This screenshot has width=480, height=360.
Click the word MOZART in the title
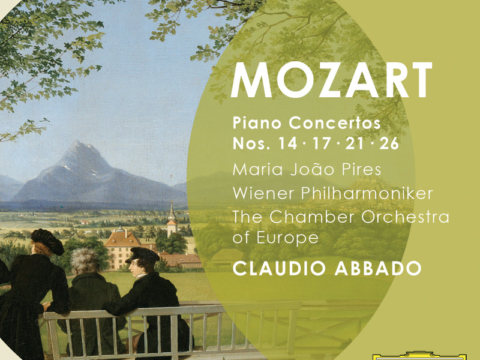point(331,80)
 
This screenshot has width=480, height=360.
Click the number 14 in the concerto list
point(287,145)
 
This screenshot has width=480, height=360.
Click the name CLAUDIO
point(280,269)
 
